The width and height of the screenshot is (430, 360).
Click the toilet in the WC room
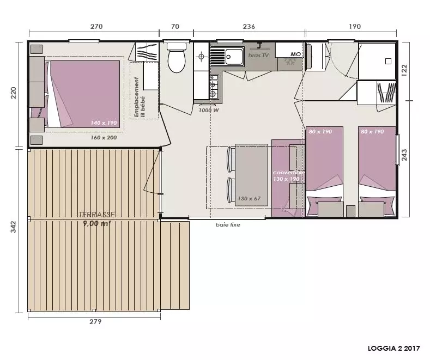177,57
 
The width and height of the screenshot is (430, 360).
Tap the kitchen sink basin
234,57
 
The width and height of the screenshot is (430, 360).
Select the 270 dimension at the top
96,27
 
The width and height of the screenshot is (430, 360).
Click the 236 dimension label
249,27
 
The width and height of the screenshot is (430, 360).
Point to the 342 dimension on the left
13,227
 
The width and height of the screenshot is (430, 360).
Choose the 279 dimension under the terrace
95,321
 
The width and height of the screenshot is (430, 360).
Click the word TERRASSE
96,215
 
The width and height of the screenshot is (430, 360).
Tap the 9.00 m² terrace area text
97,223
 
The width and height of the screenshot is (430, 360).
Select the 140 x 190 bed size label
104,123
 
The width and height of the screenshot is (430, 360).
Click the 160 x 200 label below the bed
104,138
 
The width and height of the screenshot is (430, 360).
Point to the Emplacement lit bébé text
140,97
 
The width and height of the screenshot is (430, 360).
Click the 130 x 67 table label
249,198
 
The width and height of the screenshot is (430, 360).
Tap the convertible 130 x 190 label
288,176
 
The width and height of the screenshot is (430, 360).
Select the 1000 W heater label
209,111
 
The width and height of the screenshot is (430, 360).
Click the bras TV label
258,56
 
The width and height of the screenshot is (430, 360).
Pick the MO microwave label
295,54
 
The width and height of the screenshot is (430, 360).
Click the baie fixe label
228,224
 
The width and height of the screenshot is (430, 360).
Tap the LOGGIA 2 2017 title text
394,348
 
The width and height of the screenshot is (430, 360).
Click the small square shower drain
388,61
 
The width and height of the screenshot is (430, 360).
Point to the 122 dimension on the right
404,70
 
